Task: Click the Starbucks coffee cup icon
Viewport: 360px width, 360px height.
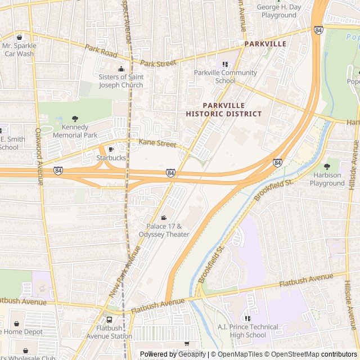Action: point(111,150)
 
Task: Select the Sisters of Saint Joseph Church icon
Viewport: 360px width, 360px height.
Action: point(121,69)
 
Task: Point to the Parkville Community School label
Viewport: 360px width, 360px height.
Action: point(225,76)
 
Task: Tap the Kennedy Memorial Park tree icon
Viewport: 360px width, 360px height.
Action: point(75,119)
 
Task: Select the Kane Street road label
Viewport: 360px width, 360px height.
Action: point(157,144)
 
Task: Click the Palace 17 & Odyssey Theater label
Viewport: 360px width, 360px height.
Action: point(164,230)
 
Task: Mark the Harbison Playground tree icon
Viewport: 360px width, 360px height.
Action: point(327,166)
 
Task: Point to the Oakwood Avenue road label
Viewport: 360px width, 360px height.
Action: point(39,156)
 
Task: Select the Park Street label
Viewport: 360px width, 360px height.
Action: point(158,64)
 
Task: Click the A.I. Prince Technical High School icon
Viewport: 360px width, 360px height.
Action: point(248,318)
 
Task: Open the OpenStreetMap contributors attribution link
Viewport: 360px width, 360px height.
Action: point(323,354)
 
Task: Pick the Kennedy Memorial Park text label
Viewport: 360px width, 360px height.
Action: point(75,131)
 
